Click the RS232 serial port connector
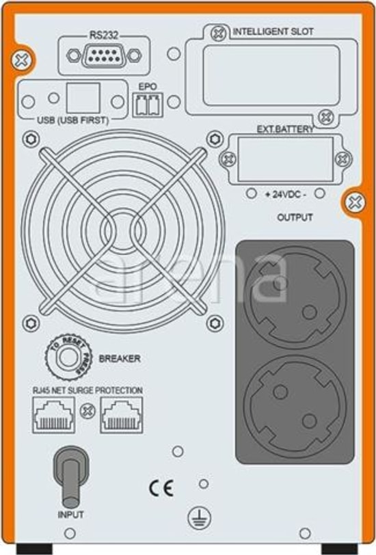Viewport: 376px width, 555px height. point(104,55)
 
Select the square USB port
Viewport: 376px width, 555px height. point(83,98)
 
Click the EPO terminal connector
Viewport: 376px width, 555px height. point(148,105)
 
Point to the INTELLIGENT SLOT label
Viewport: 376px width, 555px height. point(273,32)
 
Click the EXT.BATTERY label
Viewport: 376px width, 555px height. point(285,128)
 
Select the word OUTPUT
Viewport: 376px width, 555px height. point(295,217)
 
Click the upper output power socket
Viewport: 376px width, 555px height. point(295,298)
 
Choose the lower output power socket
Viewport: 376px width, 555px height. point(295,407)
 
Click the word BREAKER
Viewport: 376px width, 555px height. point(120,359)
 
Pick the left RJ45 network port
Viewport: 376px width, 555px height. point(53,414)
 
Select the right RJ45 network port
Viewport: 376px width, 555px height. point(122,414)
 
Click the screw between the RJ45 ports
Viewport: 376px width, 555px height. point(88,411)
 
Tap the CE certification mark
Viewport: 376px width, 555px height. point(161,489)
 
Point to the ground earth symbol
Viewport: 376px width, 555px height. point(199,519)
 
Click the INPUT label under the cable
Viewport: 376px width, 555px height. point(71,514)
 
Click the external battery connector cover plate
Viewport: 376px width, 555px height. point(285,159)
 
